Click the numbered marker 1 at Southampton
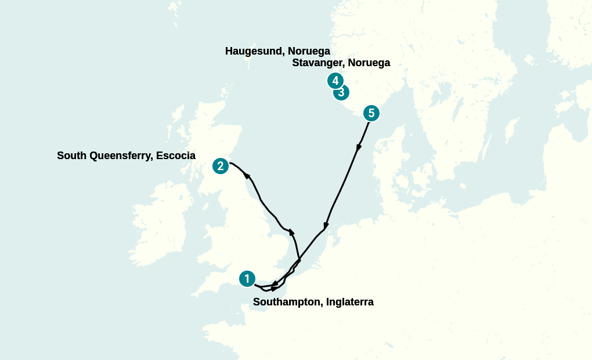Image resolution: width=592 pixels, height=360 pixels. (x=247, y=279)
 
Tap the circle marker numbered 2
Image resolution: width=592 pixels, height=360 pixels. (x=220, y=166)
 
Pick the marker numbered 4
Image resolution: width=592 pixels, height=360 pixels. (x=334, y=80)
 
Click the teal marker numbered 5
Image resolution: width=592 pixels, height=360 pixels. (x=371, y=113)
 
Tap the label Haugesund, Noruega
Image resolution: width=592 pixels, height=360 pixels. (x=277, y=51)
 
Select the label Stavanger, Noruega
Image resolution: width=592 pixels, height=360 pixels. (x=341, y=63)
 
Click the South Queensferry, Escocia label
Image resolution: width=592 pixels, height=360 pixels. (x=126, y=156)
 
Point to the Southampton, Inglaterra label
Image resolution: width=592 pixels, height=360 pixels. (x=313, y=302)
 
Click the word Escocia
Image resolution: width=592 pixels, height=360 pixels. (x=176, y=156)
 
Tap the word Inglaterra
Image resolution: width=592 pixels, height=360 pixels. (x=350, y=302)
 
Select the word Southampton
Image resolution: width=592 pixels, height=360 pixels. (x=287, y=302)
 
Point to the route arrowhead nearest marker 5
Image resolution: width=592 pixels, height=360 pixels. (x=359, y=148)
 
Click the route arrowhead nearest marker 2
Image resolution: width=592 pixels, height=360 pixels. (x=247, y=175)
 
